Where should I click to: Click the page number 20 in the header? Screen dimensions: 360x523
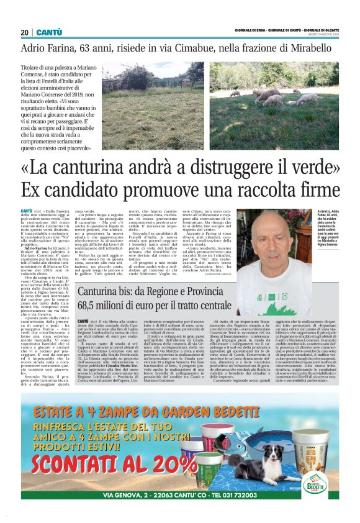(24, 32)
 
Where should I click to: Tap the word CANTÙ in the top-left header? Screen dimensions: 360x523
(48, 32)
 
